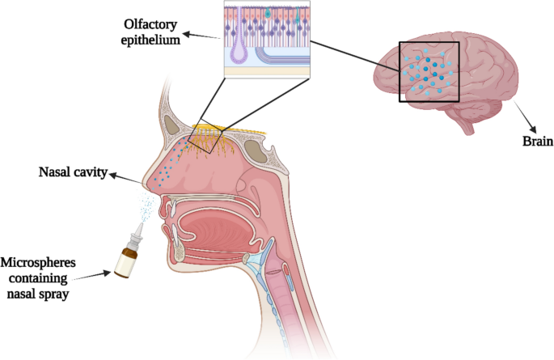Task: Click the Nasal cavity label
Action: (71, 172)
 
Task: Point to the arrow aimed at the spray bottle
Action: (101, 273)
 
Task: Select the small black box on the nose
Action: (204, 137)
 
